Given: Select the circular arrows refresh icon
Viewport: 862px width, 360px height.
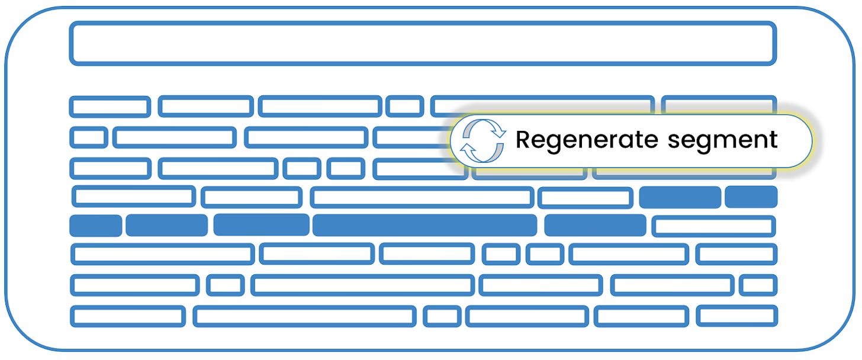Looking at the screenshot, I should click(x=483, y=140).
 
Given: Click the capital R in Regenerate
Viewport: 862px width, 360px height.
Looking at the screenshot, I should click(x=523, y=140).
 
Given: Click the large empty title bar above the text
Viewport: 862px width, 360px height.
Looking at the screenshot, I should click(x=423, y=43).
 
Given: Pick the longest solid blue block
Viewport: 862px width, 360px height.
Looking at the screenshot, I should click(x=424, y=225).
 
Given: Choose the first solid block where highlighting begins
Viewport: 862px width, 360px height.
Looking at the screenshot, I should click(x=680, y=197).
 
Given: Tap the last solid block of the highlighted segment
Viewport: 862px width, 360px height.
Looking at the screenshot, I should click(x=595, y=225).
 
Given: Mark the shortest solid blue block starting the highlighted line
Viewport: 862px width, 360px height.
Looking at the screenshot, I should click(x=95, y=226).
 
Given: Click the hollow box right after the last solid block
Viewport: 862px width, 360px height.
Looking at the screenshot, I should click(x=713, y=226).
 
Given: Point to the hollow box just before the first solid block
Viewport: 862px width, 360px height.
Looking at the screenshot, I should click(x=585, y=197).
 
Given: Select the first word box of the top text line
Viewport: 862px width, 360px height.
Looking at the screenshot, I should click(x=110, y=106).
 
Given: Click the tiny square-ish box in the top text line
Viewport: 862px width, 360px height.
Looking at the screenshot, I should click(x=405, y=106).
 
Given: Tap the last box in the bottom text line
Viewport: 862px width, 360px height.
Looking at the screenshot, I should click(x=736, y=316).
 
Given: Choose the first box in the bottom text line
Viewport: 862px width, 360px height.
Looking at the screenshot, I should click(x=128, y=316).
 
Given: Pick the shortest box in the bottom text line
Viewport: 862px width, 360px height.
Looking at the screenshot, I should click(x=442, y=316).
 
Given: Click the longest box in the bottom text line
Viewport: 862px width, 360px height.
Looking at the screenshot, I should click(x=304, y=316).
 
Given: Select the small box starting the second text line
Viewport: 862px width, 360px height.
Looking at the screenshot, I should click(x=88, y=137).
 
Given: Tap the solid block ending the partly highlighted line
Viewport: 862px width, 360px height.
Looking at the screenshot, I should click(x=751, y=197).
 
